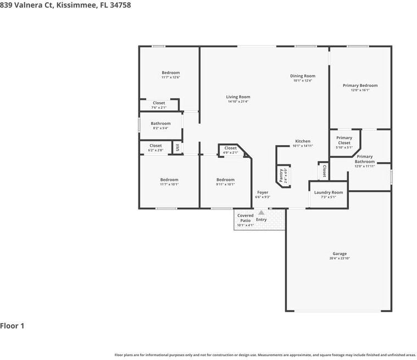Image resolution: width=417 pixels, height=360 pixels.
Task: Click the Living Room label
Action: [x=238, y=97]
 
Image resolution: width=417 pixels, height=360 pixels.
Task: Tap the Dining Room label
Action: [x=302, y=76]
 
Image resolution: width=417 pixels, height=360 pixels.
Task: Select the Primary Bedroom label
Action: [x=360, y=86]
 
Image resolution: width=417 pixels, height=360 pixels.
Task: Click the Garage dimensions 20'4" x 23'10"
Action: [x=339, y=258]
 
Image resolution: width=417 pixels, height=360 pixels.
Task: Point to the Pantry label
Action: [x=281, y=176]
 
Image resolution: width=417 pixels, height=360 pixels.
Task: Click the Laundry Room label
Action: [x=329, y=192]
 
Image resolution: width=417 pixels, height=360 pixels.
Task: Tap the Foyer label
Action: [x=263, y=192]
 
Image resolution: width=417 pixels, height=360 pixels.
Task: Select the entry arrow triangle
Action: [x=261, y=212]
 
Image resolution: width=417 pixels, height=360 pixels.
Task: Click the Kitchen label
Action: [x=303, y=141]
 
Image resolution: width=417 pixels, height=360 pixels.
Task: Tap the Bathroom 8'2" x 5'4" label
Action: [x=160, y=124]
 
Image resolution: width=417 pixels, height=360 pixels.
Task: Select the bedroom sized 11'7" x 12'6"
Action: [x=170, y=73]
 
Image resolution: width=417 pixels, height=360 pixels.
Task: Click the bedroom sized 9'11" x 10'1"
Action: [x=225, y=180]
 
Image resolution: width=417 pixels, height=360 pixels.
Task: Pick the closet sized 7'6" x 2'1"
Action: [x=159, y=103]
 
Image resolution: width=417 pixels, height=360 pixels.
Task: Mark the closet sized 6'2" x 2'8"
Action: [x=155, y=146]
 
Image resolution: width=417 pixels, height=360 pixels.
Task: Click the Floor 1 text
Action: [x=12, y=326]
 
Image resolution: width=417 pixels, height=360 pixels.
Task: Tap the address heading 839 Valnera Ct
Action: [x=65, y=5]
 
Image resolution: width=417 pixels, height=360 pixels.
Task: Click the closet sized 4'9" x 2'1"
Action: [x=231, y=148]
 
